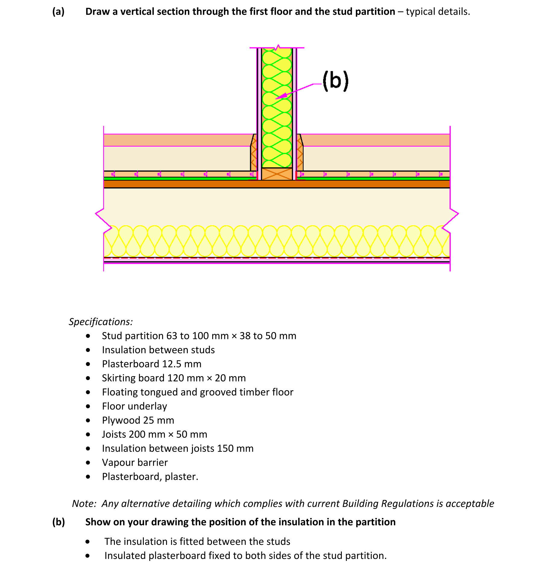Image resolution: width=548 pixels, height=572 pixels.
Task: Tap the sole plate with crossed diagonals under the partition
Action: [x=277, y=174]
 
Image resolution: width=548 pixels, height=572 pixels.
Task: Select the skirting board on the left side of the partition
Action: [x=253, y=154]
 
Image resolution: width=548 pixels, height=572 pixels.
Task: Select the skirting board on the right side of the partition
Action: [x=300, y=154]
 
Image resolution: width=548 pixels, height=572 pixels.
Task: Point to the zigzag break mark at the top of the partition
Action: [x=278, y=47]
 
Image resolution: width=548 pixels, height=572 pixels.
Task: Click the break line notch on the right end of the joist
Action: [x=454, y=214]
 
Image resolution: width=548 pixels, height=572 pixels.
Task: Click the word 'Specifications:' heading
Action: [x=101, y=322]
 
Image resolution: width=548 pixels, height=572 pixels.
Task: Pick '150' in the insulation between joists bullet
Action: [x=225, y=448]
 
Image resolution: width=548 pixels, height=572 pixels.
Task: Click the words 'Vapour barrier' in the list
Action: [x=135, y=462]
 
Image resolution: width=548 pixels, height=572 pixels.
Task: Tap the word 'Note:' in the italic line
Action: [x=84, y=504]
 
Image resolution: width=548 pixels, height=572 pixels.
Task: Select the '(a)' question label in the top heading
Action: [x=58, y=11]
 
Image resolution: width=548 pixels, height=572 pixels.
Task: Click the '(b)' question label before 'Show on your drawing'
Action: [x=58, y=522]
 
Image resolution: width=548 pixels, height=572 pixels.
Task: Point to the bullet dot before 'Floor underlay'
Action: [x=88, y=406]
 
